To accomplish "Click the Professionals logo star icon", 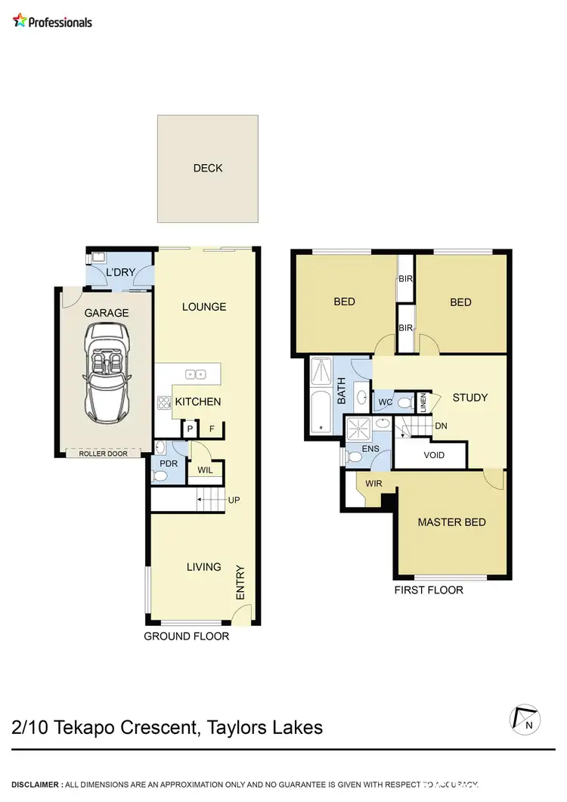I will click(20, 20).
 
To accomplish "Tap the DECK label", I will click(208, 168).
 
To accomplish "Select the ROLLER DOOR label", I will click(104, 454).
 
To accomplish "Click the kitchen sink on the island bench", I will click(195, 373).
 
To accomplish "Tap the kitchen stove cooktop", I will click(163, 402).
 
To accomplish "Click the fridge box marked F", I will click(212, 429).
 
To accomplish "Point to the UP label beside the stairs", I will click(234, 500).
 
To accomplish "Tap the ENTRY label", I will click(240, 584).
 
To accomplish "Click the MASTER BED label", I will click(451, 522).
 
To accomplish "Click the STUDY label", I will click(469, 398).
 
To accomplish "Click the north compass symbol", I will click(525, 719).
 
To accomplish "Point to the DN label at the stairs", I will click(441, 426).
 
